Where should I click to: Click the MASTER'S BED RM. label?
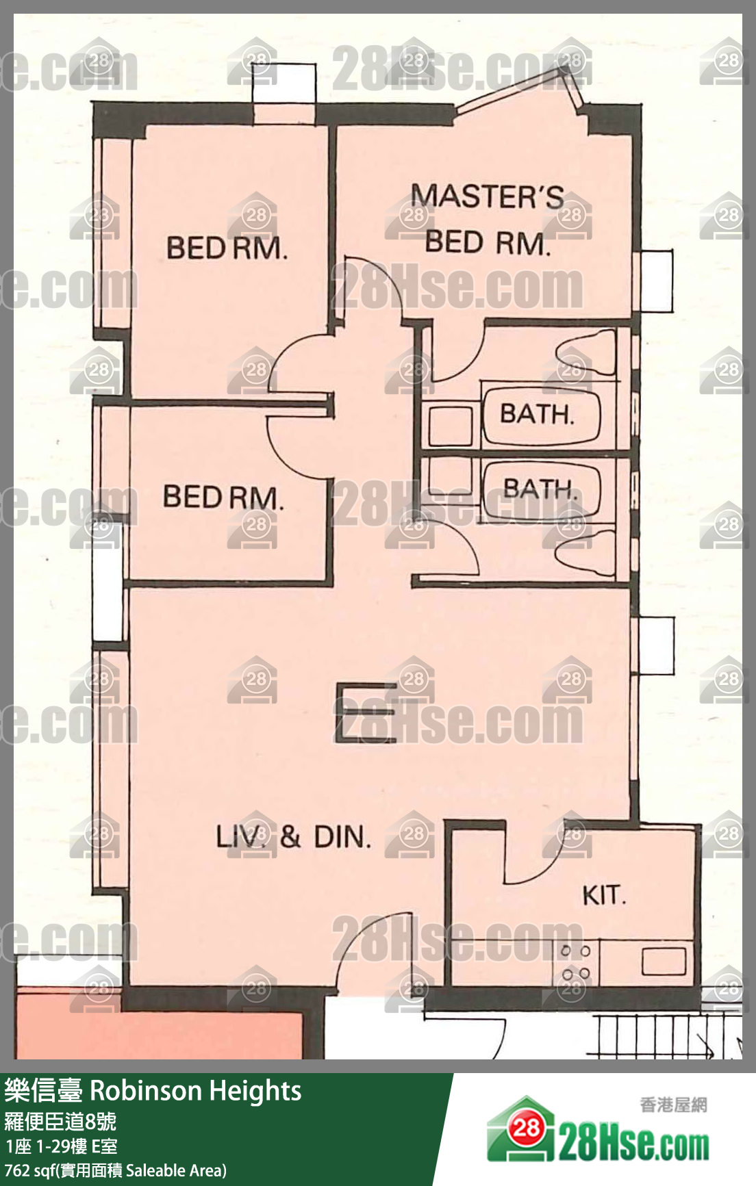click(488, 219)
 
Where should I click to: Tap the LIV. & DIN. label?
click(293, 836)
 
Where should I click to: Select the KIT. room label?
click(604, 895)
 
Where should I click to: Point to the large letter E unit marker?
click(366, 712)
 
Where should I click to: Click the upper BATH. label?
click(536, 413)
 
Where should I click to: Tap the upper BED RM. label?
click(227, 248)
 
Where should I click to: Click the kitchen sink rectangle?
click(664, 960)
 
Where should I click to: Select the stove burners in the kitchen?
click(575, 962)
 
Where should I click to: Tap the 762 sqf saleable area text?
click(115, 1170)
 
